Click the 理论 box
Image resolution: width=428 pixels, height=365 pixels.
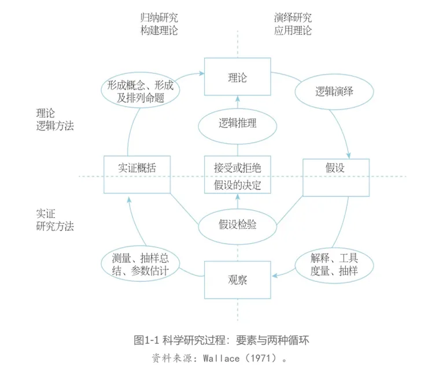238,77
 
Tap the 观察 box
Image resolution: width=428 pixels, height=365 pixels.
238,281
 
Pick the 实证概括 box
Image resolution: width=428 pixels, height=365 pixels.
136,174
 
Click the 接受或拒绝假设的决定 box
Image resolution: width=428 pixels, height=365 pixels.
238,176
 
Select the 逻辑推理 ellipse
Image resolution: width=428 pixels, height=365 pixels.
238,123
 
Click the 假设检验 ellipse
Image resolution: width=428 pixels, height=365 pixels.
238,225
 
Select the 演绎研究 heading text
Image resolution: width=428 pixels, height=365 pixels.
293,17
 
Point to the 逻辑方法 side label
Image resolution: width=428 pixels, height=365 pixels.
55,126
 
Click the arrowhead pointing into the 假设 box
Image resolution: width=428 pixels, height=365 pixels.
349,155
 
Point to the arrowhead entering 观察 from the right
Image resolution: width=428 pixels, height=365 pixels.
275,275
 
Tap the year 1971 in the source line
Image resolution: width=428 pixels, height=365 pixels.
261,357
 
